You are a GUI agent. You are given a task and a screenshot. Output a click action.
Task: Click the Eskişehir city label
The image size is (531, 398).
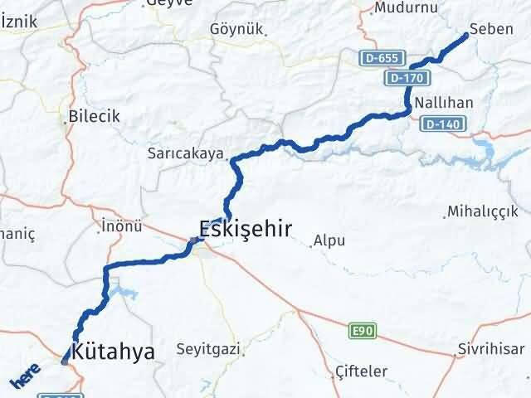click(x=245, y=229)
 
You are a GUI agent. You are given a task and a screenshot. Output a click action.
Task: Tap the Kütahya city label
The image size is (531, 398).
click(x=114, y=352)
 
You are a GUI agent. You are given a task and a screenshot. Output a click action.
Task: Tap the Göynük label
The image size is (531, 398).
click(x=237, y=29)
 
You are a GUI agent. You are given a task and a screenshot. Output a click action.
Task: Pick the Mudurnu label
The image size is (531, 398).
click(x=406, y=7)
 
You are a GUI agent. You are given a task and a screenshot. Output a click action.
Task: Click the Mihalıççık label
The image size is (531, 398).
click(x=482, y=211)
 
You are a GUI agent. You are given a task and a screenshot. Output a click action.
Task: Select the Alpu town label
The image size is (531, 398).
click(x=329, y=242)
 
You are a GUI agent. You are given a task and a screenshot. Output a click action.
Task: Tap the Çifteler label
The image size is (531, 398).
click(x=358, y=371)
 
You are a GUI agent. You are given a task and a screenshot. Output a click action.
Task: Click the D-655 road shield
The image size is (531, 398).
click(x=383, y=60)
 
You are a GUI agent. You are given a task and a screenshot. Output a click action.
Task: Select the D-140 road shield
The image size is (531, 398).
click(x=441, y=124)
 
